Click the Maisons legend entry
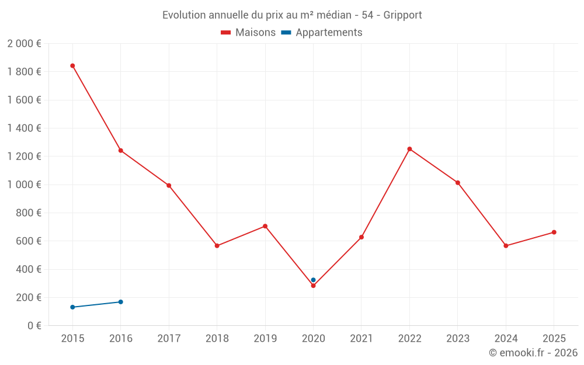(248, 33)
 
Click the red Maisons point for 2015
(72, 66)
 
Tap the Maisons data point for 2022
(409, 149)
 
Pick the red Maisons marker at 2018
(217, 246)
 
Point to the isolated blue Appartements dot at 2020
(313, 280)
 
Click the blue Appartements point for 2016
(121, 302)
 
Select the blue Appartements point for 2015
(72, 307)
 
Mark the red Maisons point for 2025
(554, 232)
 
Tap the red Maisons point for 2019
(265, 226)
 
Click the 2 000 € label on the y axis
(24, 44)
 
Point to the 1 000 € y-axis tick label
(24, 185)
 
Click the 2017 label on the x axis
(169, 339)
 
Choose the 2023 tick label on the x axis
(457, 339)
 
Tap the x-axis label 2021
(361, 339)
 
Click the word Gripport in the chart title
(402, 15)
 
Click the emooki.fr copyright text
(533, 353)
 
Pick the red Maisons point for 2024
(506, 246)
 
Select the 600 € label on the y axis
(27, 241)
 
